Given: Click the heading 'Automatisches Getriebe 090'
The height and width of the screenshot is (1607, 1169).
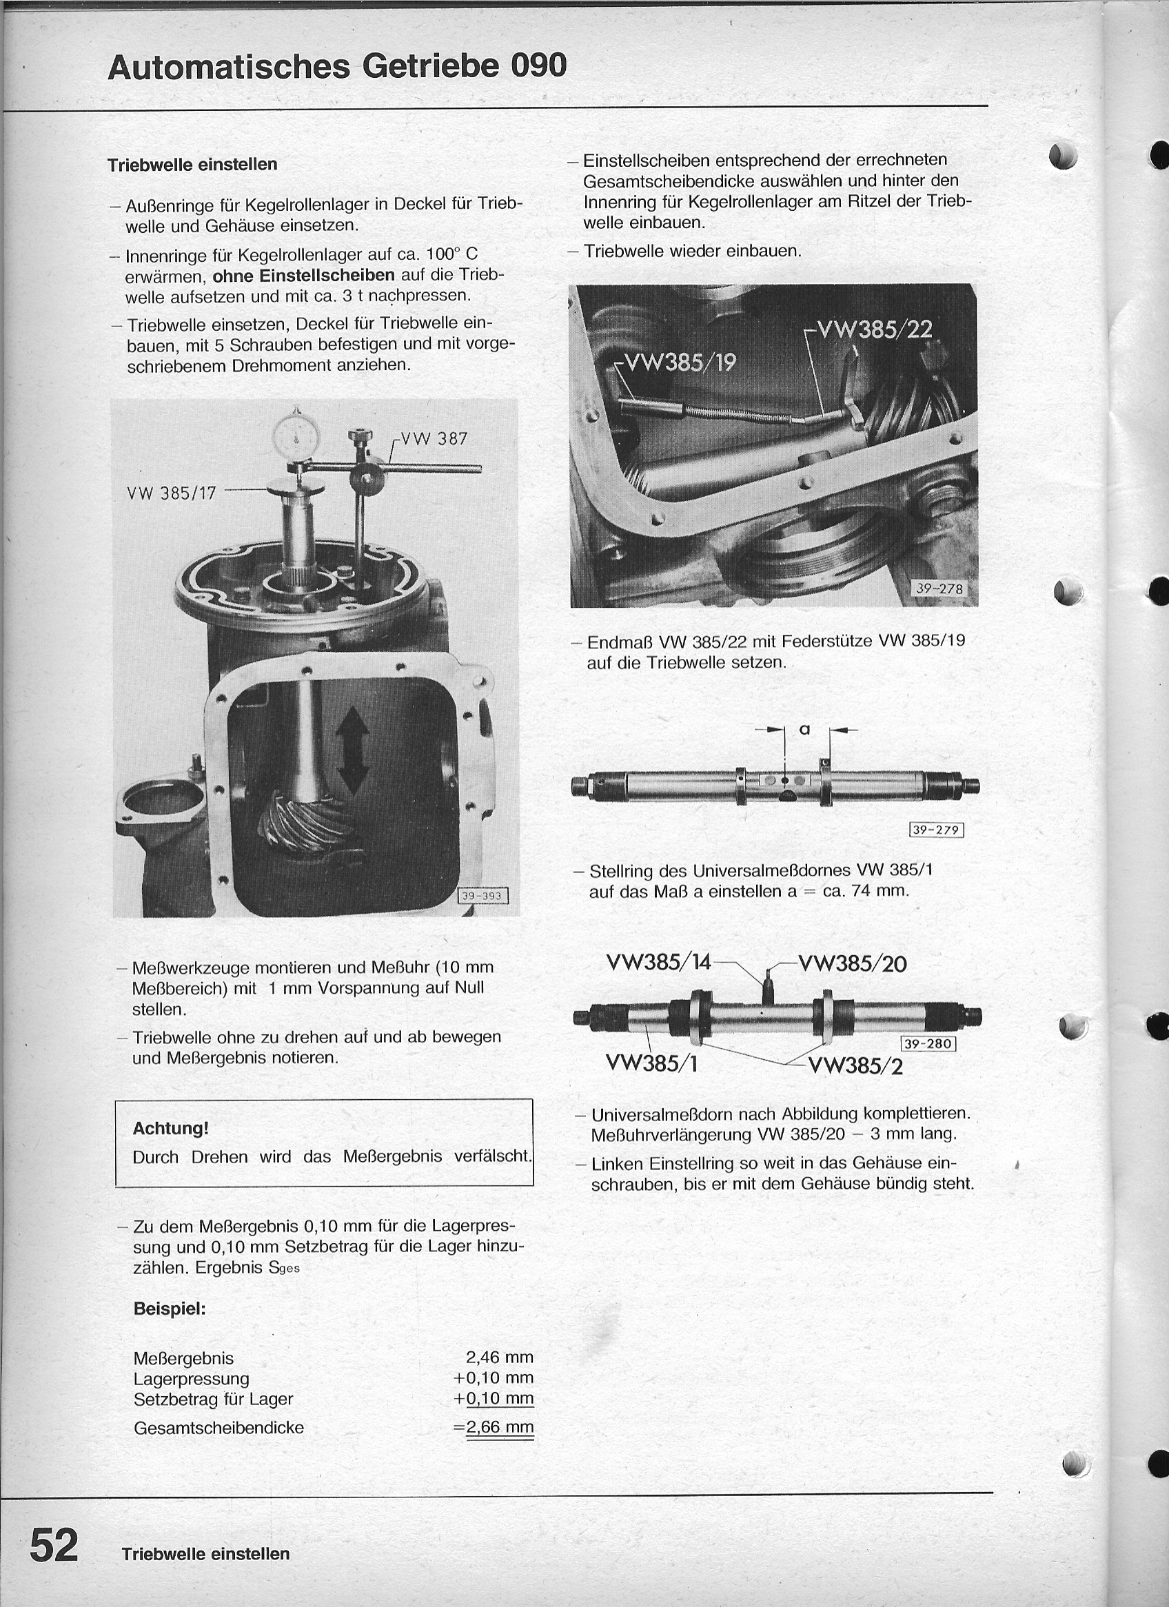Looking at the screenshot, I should click(337, 67).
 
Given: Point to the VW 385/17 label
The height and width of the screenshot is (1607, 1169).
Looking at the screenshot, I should click(171, 493).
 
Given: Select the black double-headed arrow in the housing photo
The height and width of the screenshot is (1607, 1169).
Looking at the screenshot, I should click(352, 753).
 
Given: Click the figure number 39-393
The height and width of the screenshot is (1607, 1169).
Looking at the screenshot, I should click(482, 896).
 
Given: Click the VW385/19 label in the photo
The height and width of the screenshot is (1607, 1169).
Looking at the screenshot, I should click(677, 362).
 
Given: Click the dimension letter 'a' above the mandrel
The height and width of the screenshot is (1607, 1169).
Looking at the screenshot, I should click(804, 728).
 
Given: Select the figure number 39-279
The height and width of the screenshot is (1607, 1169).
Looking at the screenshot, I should click(937, 829).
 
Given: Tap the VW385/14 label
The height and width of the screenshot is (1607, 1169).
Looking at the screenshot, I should click(658, 963).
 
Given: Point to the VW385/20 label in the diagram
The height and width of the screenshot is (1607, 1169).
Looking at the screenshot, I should click(852, 964).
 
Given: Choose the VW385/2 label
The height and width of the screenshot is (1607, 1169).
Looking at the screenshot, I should click(855, 1065).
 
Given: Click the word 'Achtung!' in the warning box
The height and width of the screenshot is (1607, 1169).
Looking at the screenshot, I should click(171, 1129).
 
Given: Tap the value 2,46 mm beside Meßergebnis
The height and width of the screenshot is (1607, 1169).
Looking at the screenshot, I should click(499, 1357).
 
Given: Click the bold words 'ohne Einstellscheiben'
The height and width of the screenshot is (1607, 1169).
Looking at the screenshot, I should click(303, 275).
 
